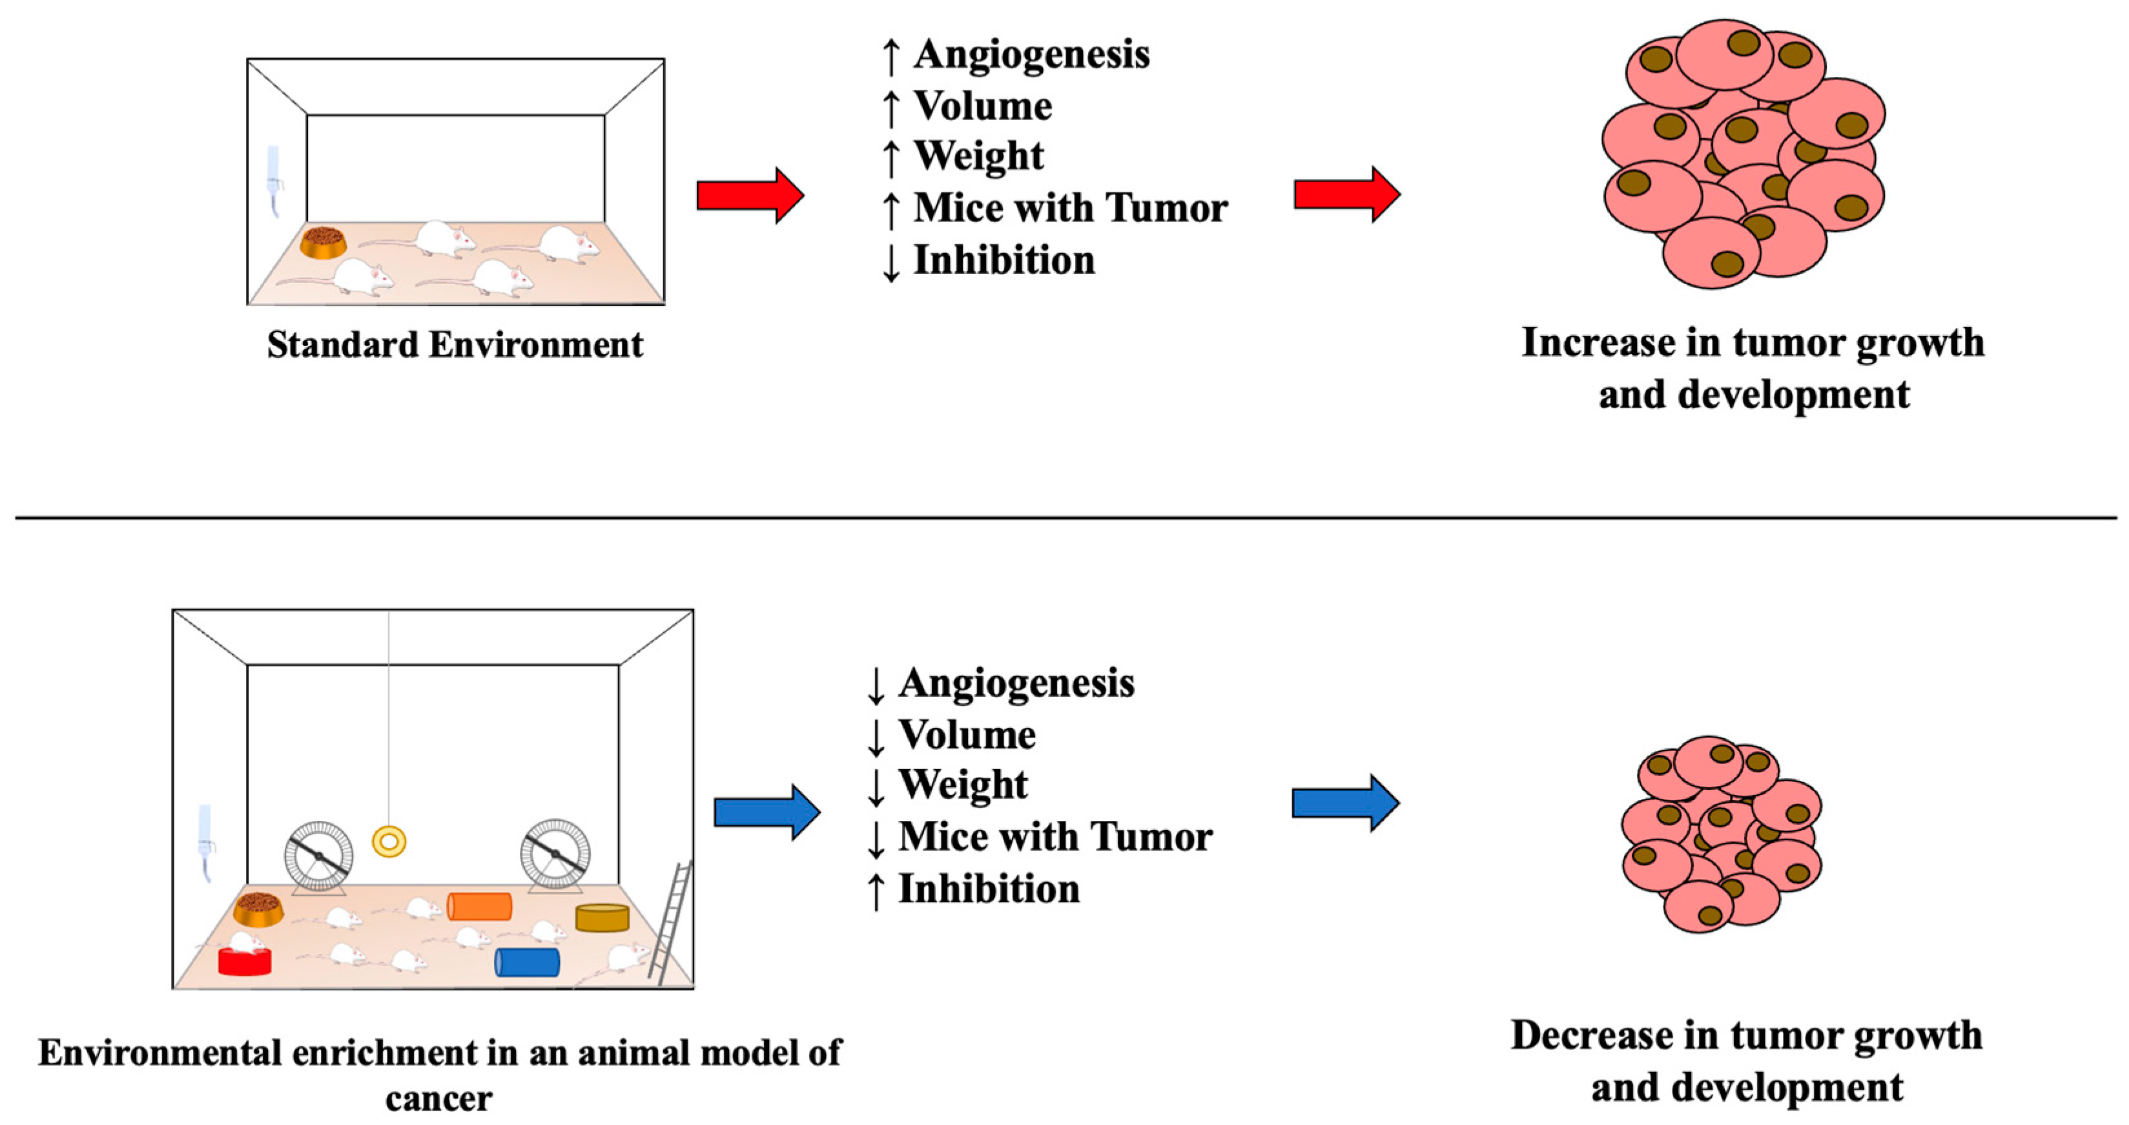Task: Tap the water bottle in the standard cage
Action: [274, 182]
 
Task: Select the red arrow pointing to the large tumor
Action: [1346, 195]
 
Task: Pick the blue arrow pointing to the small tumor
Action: [1344, 803]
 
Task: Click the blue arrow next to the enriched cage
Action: [766, 812]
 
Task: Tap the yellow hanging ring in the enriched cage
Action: [389, 841]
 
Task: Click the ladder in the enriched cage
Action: [671, 922]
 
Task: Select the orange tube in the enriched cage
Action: [479, 906]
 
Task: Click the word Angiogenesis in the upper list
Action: [1031, 54]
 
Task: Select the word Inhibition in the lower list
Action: [989, 889]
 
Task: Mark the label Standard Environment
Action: [455, 345]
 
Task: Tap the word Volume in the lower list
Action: [967, 735]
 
